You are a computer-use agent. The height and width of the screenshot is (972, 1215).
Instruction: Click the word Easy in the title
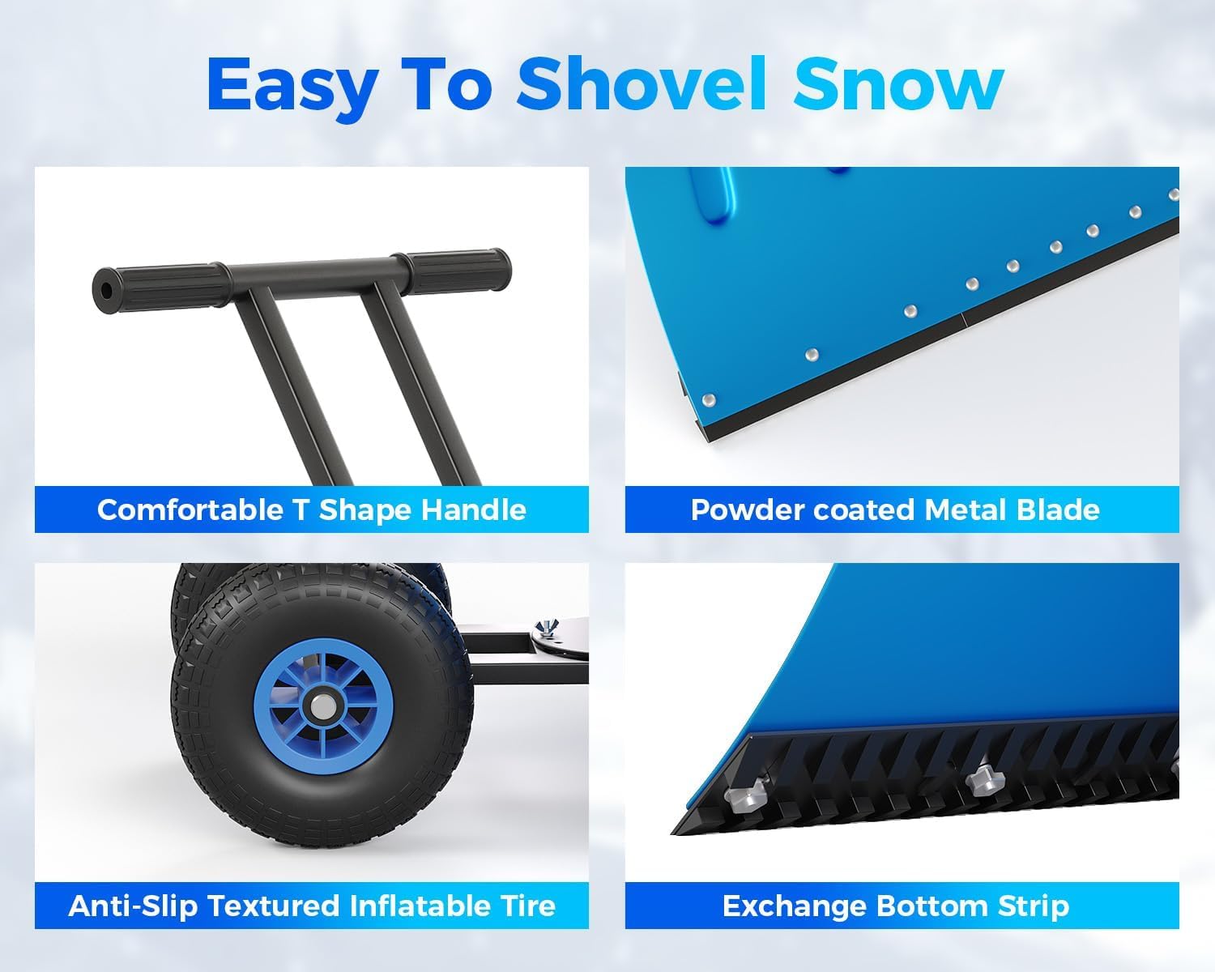click(292, 83)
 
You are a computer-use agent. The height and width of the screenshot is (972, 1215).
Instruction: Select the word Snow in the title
click(897, 83)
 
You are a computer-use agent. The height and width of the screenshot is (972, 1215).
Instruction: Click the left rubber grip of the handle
click(154, 283)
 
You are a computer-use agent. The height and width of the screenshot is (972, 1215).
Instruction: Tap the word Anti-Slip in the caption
click(133, 905)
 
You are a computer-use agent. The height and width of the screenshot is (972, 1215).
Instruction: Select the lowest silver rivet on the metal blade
click(710, 400)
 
